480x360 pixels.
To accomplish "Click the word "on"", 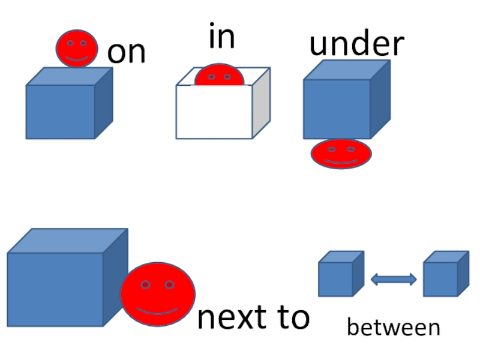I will click(127, 53).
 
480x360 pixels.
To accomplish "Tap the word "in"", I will click(222, 37).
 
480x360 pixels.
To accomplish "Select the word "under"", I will click(356, 44).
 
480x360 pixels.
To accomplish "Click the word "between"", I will click(394, 328).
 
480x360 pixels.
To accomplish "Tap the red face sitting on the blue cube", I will click(77, 48).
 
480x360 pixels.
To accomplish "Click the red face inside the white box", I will click(218, 75).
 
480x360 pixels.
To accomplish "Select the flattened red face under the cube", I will click(341, 154).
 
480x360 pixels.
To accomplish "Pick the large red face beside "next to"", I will click(158, 294).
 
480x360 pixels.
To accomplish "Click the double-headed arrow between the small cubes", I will click(394, 279).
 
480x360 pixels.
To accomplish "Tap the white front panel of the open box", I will click(214, 112).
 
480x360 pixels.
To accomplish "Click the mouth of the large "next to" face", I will click(158, 311).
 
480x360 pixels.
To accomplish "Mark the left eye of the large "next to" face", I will click(145, 284).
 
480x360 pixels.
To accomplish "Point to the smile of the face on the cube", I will click(77, 59).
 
